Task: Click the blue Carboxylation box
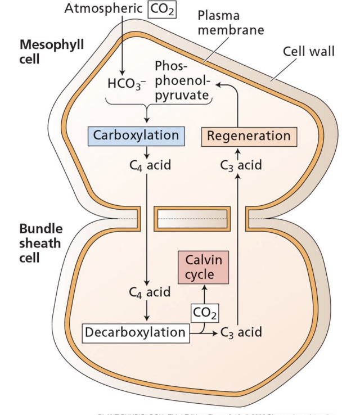136,136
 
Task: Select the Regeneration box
248,136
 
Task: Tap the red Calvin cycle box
203,267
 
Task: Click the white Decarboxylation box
135,332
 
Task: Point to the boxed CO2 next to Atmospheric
163,9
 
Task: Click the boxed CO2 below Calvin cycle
205,312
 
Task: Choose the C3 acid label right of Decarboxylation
241,332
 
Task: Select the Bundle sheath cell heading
41,243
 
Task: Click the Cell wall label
308,52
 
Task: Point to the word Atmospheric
103,9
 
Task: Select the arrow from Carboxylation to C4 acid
146,152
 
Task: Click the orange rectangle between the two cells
192,218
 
